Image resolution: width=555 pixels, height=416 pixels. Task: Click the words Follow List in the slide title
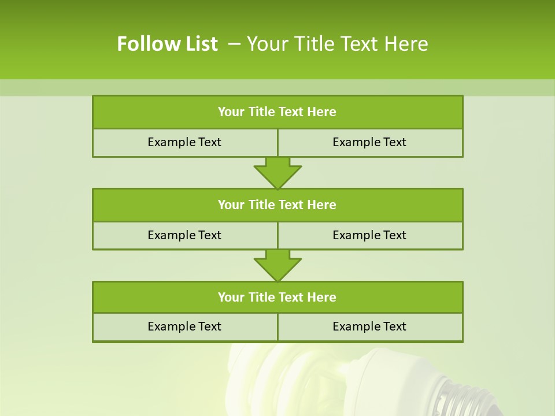pyautogui.click(x=167, y=44)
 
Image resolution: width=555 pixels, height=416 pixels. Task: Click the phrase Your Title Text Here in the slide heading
pyautogui.click(x=338, y=44)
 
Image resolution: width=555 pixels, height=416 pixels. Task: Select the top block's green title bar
pyautogui.click(x=277, y=112)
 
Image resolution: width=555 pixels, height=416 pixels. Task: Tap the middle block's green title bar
pyautogui.click(x=277, y=205)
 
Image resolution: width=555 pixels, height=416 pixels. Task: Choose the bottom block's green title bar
pyautogui.click(x=277, y=297)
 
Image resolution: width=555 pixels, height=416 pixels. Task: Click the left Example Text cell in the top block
pyautogui.click(x=184, y=142)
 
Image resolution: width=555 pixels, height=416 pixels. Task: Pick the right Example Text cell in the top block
pyautogui.click(x=369, y=142)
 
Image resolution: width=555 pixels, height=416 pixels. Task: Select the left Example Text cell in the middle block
pyautogui.click(x=184, y=235)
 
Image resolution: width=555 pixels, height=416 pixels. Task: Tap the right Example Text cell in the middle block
pyautogui.click(x=369, y=235)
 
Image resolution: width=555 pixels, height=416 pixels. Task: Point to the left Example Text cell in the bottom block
pyautogui.click(x=184, y=326)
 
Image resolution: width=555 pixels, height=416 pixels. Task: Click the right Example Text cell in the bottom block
pyautogui.click(x=369, y=326)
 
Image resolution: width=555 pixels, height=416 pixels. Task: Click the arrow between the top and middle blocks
pyautogui.click(x=277, y=173)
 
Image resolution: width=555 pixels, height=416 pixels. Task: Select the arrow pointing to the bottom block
pyautogui.click(x=277, y=266)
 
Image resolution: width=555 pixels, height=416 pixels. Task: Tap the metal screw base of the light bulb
pyautogui.click(x=462, y=399)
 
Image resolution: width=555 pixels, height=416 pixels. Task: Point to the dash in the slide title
pyautogui.click(x=235, y=44)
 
